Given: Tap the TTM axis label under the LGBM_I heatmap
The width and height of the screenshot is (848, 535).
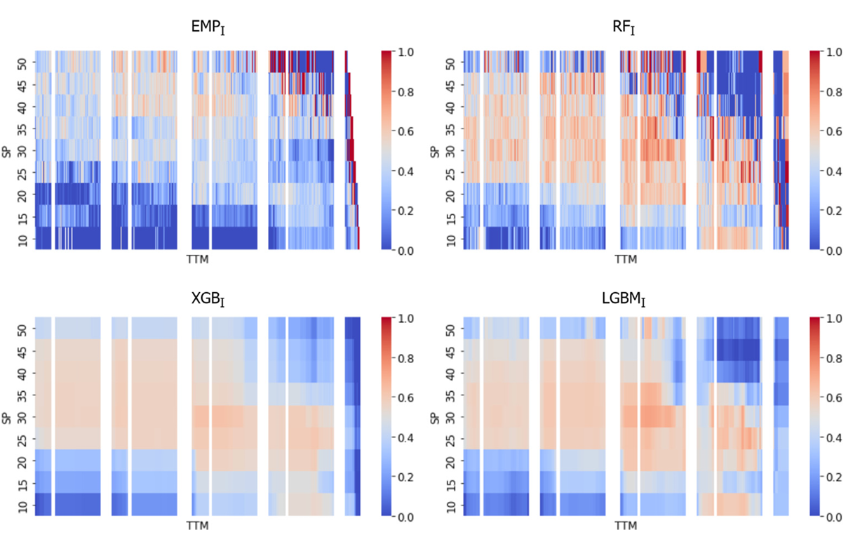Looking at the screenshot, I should [626, 526].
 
